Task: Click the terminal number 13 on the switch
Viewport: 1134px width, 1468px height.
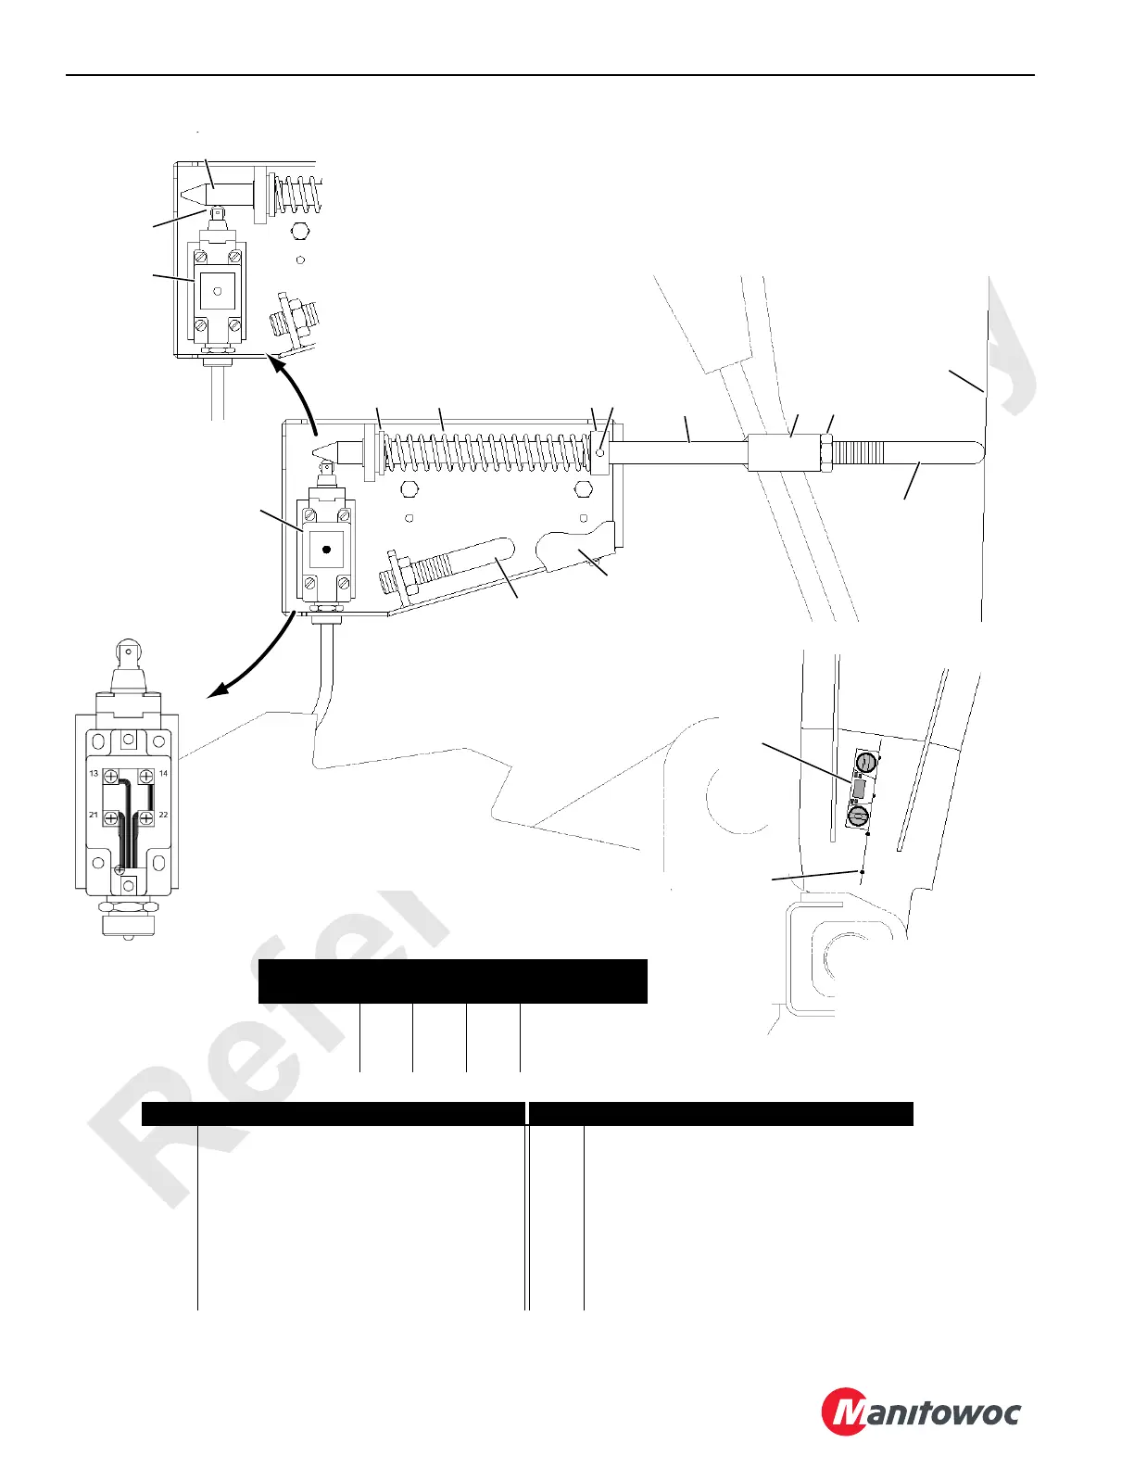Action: (94, 773)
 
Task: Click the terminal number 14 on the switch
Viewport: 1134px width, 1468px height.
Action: (163, 773)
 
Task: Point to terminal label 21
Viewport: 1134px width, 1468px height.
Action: (94, 815)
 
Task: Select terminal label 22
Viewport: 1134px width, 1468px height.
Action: (163, 815)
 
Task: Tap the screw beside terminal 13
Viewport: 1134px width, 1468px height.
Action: (110, 777)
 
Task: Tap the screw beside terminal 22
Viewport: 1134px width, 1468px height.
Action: (145, 818)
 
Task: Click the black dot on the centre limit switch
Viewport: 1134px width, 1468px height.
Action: (325, 550)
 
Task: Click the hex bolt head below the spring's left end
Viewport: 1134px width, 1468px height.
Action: (409, 489)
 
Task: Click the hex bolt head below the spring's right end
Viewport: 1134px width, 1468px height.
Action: (583, 489)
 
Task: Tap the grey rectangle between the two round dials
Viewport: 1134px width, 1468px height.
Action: (859, 790)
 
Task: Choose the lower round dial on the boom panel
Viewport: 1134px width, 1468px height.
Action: (858, 816)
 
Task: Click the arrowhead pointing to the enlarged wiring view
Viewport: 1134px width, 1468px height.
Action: (215, 692)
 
